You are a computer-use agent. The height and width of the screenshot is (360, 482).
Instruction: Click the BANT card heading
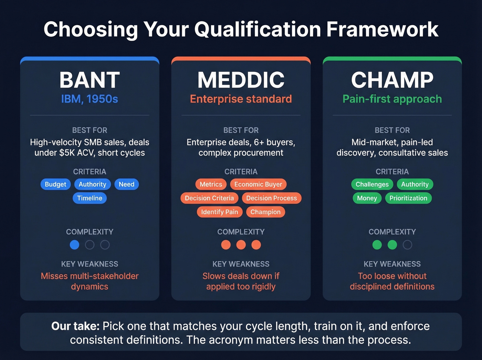click(90, 80)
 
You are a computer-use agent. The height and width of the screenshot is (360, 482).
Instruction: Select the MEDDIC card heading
click(241, 80)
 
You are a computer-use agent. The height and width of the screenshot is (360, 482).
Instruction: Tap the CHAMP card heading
click(392, 80)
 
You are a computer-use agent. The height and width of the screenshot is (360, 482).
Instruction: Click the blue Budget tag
click(55, 184)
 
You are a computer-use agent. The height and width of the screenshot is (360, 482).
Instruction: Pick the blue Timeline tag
click(90, 198)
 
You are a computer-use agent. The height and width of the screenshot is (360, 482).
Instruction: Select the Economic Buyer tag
click(258, 184)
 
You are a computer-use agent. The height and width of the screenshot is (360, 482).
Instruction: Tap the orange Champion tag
click(265, 212)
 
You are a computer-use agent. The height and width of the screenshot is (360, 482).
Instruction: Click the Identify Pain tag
click(220, 212)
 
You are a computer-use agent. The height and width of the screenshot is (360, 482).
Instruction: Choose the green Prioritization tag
click(408, 198)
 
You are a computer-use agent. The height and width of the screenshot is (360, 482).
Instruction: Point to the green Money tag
click(367, 198)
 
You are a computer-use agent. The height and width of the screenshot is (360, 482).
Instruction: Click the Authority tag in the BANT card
click(92, 184)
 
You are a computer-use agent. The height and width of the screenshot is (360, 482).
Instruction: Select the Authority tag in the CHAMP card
click(415, 184)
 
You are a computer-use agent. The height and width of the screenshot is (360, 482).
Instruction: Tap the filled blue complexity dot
click(74, 245)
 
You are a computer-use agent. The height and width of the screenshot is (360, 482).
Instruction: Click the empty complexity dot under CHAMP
click(407, 245)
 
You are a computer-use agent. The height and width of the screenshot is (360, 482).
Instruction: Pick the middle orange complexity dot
click(241, 245)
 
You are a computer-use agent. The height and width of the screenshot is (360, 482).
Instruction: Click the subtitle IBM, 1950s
click(90, 99)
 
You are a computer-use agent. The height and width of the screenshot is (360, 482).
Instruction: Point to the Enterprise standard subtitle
click(241, 99)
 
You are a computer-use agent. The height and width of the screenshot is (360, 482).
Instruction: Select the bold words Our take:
click(75, 326)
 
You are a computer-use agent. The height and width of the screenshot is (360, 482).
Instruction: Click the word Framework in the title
click(382, 29)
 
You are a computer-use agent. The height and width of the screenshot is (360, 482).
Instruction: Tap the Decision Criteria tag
click(209, 198)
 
